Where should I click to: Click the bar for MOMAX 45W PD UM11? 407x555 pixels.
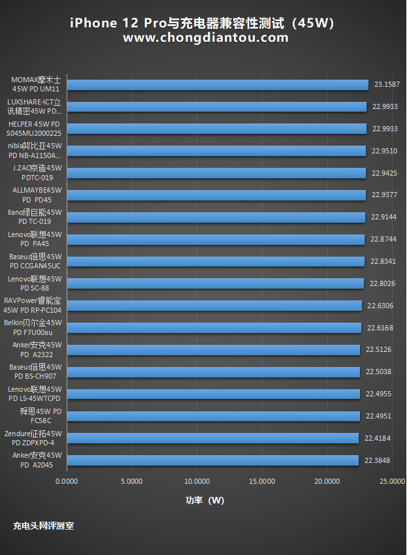tap(218, 84)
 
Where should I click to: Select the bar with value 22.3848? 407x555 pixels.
tap(213, 460)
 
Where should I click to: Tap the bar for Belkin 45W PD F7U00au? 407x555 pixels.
tap(214, 328)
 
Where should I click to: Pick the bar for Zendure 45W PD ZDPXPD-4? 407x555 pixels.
tap(213, 438)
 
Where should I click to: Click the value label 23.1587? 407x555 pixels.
tap(387, 85)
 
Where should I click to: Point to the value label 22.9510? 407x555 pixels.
tap(385, 151)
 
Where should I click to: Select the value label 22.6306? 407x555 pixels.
tap(380, 306)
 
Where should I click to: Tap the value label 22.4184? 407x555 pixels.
tap(378, 438)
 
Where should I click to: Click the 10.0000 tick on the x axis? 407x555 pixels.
tap(197, 481)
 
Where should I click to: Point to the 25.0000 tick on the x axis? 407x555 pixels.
tap(392, 481)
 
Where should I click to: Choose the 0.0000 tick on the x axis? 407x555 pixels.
tap(67, 481)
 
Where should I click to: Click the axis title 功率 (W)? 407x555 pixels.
tap(204, 500)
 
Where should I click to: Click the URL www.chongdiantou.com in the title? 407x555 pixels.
tap(205, 38)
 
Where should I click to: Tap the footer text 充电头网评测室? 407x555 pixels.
tap(43, 525)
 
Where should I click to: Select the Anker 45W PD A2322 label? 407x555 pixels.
tap(37, 349)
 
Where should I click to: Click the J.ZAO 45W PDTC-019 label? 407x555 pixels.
tap(37, 172)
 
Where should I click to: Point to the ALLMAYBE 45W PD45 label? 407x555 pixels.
tap(37, 195)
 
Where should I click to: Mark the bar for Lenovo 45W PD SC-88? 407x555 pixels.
tap(215, 283)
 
